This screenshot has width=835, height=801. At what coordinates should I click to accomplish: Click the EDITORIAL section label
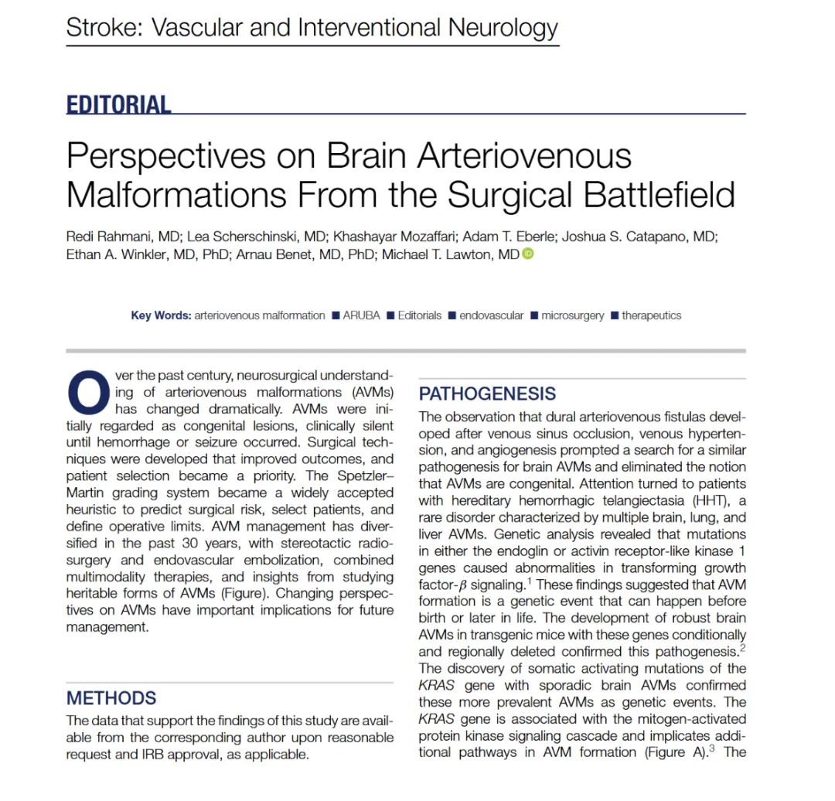click(118, 104)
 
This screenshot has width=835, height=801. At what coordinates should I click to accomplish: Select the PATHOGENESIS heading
click(487, 394)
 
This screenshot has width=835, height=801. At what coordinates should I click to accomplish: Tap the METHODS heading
click(111, 698)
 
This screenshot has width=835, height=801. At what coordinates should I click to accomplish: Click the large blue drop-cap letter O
click(88, 393)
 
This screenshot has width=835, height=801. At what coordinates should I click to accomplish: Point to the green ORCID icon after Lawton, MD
click(528, 254)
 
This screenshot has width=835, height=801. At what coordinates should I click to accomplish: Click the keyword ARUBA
click(361, 315)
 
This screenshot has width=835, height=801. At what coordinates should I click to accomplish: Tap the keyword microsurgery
click(572, 315)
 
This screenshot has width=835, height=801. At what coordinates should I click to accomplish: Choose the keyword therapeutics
click(651, 315)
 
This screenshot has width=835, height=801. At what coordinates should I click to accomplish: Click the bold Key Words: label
click(160, 315)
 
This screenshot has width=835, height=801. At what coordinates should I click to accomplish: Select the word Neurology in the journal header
click(504, 29)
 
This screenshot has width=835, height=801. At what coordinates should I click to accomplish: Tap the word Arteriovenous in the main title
click(525, 156)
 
